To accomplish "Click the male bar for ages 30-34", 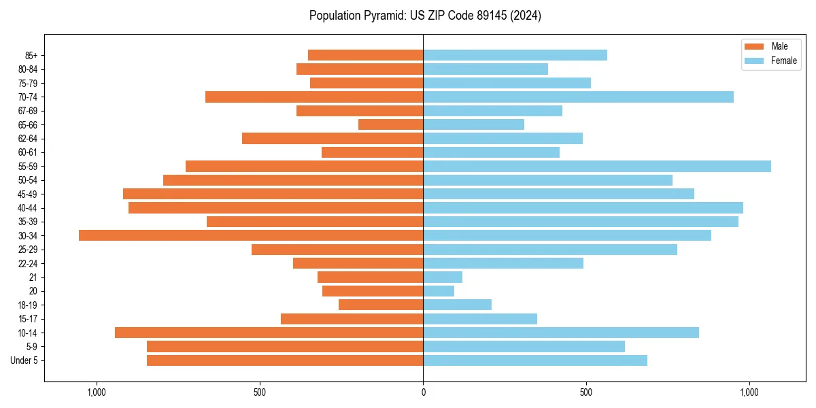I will [251, 235].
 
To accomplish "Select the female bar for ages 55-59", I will [597, 166].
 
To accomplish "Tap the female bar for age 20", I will [439, 291].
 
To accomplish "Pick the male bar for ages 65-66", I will [390, 124].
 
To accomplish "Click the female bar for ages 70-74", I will [578, 97].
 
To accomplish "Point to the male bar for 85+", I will [365, 55].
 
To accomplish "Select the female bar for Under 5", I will [535, 360].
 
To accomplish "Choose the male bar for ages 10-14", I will [269, 333].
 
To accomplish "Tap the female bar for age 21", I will [443, 277].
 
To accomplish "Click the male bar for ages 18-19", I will [381, 305].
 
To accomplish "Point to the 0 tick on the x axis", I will [423, 392].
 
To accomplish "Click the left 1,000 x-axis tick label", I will [96, 392].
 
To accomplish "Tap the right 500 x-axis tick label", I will [586, 392].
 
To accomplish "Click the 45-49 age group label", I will [28, 194].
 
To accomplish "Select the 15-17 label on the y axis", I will [28, 319].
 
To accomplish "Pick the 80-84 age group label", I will [28, 69].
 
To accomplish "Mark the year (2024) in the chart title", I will [527, 16].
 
